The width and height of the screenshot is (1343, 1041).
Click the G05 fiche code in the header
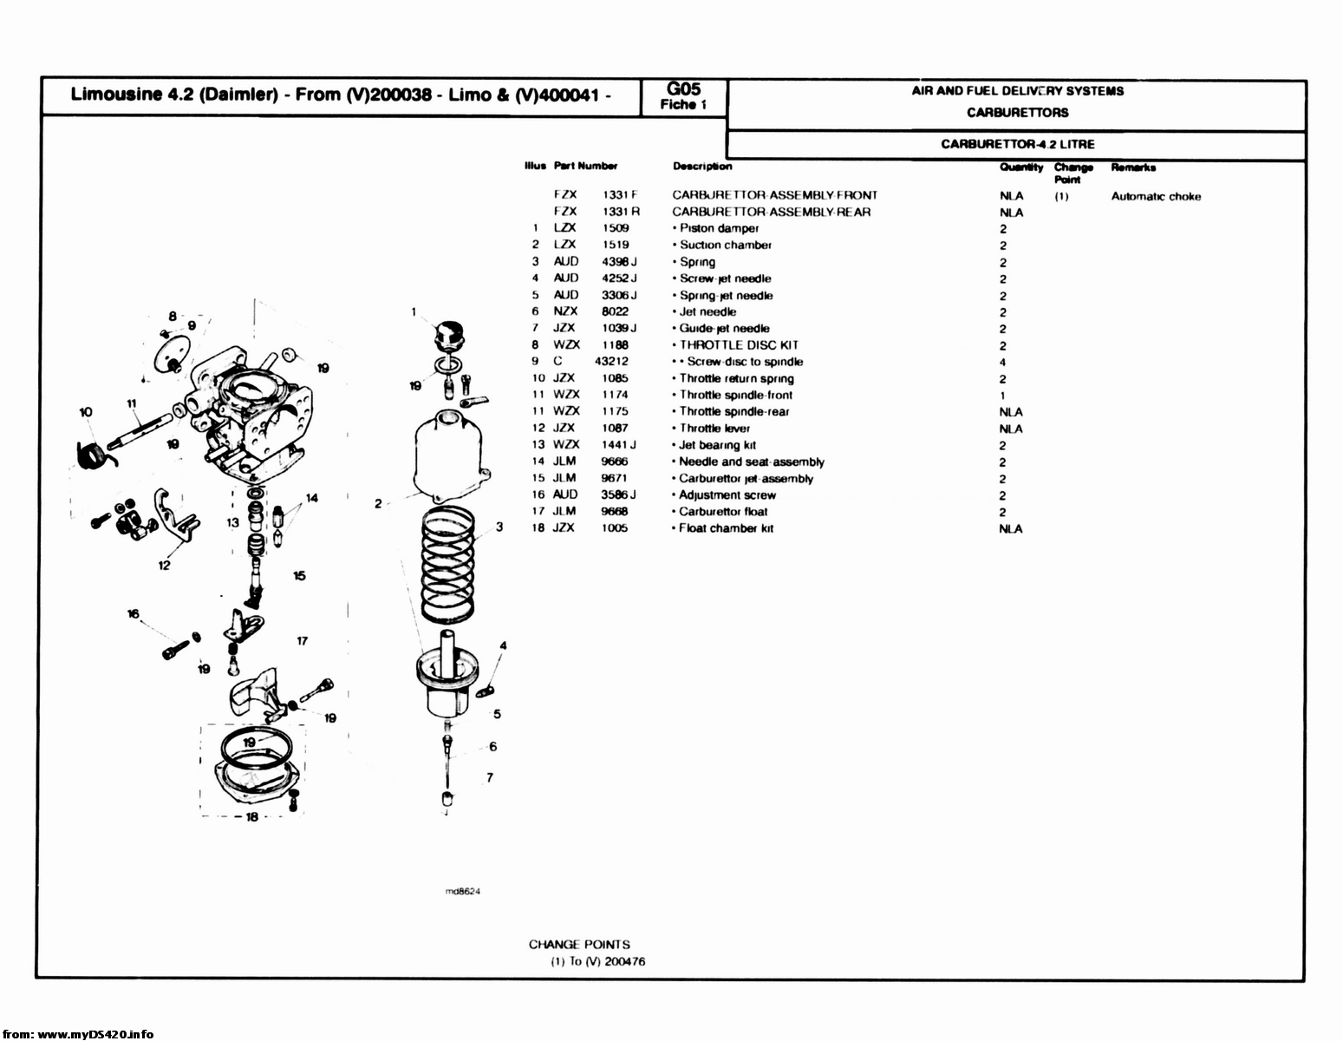tap(683, 88)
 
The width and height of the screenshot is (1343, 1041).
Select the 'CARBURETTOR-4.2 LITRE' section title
tap(1017, 144)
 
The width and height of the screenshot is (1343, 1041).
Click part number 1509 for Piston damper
tap(616, 228)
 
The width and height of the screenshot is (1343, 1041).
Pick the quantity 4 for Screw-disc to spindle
tap(1002, 363)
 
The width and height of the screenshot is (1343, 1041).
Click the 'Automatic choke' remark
tap(1156, 197)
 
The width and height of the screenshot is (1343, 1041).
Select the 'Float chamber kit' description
tap(725, 529)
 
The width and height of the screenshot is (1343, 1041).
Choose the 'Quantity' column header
tap(1020, 167)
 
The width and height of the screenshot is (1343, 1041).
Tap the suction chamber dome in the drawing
tap(450, 455)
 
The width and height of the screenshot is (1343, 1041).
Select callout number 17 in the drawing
tap(302, 641)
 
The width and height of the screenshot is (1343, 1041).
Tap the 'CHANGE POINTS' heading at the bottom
tap(579, 945)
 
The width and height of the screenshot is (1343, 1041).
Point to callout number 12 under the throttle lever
tap(164, 566)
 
